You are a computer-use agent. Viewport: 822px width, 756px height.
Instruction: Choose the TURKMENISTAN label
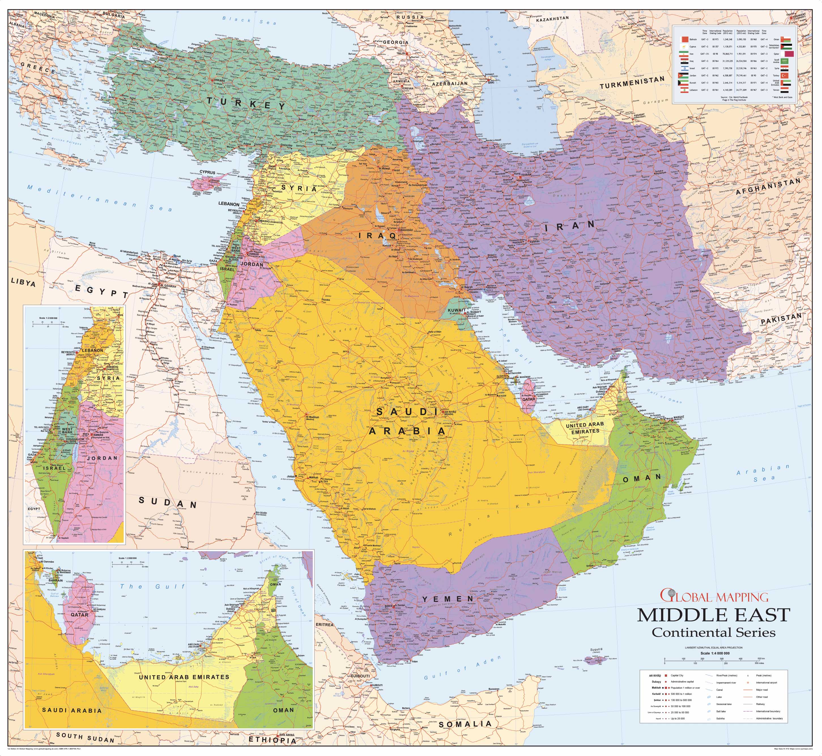coord(632,82)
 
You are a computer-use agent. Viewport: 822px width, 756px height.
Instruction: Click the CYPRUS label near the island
coord(207,173)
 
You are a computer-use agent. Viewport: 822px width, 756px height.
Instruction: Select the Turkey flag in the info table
coord(784,76)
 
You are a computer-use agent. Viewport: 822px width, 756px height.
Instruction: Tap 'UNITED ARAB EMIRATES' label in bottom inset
coord(184,677)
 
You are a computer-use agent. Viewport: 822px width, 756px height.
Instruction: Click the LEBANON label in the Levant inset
coord(92,350)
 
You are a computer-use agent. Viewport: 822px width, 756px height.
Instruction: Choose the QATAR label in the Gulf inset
coord(79,614)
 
